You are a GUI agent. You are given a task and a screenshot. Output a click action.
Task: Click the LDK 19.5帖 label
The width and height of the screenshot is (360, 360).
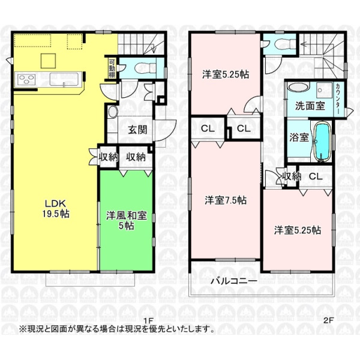(56, 209)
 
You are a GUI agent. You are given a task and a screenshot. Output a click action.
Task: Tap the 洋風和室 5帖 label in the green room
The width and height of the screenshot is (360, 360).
(126, 221)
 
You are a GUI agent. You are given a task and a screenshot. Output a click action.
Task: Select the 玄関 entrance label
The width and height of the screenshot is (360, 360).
(137, 130)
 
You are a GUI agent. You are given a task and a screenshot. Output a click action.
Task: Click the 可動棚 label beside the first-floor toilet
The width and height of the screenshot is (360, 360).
(112, 68)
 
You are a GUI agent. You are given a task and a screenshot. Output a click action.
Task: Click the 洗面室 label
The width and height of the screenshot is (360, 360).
(310, 106)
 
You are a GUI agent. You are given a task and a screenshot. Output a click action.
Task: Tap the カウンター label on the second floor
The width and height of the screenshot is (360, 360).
(338, 99)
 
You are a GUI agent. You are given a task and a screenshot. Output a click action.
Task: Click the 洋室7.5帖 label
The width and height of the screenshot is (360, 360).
(226, 200)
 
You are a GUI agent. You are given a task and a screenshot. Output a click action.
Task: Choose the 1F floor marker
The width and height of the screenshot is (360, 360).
(149, 321)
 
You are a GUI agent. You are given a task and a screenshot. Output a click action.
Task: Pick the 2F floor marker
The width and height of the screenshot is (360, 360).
(328, 321)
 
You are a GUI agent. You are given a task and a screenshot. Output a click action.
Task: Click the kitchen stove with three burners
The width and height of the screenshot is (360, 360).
(25, 80)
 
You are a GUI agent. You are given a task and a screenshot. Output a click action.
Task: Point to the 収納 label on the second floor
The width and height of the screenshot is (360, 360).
(292, 176)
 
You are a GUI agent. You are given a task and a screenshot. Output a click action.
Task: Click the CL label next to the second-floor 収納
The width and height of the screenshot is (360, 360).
(316, 176)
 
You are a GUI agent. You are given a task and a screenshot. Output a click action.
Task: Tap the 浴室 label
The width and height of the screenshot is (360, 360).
(299, 137)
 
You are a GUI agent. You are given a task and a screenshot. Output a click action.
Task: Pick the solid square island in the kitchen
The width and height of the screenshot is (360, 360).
(48, 61)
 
